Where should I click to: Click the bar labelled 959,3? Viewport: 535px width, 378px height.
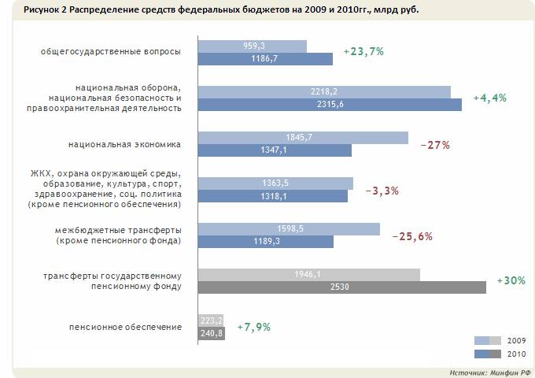tap(252, 46)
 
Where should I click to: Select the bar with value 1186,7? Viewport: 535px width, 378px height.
tap(265, 58)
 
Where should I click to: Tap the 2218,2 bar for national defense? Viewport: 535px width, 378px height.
tap(323, 91)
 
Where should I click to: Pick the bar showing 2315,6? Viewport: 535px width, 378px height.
tap(329, 105)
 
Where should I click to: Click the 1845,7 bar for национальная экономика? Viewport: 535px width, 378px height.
tap(303, 137)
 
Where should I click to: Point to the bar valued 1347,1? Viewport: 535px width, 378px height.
tap(274, 150)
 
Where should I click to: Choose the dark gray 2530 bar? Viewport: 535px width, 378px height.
tap(341, 287)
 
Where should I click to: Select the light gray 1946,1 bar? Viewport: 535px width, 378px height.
tap(308, 274)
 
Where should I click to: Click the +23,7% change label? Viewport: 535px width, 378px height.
tap(363, 52)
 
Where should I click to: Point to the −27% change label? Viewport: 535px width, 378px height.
tap(434, 144)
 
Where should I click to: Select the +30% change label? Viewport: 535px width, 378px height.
tap(511, 280)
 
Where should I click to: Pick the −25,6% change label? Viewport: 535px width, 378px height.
tap(411, 235)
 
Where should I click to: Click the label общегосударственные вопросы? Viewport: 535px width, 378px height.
tap(111, 52)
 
